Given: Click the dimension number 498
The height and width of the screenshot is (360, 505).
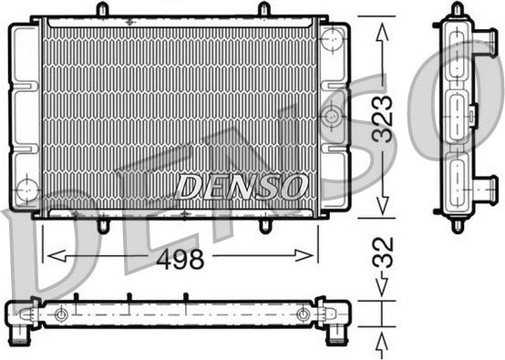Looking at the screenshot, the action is point(180,259).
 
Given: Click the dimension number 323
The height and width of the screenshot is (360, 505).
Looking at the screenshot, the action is point(383,118).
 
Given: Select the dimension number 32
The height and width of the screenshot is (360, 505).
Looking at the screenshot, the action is point(383,252).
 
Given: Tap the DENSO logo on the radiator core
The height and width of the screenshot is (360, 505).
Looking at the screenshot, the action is point(241,187).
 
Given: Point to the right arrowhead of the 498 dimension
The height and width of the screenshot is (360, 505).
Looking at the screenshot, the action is point(304,256).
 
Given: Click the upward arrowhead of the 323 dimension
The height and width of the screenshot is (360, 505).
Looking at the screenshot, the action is point(382,32).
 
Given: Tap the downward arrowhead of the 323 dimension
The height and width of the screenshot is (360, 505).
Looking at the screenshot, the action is point(382,205).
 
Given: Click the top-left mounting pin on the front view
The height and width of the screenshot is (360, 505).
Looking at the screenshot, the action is point(102,9).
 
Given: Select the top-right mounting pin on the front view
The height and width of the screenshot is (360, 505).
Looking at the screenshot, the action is point(264,9).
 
